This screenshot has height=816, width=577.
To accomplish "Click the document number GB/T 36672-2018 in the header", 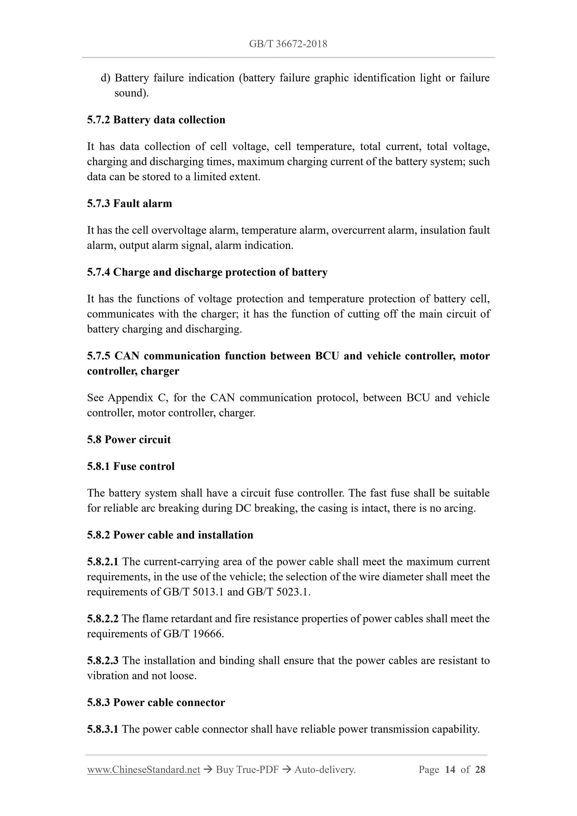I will pos(288,44).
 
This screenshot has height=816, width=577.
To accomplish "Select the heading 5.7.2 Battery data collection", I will pos(156,120).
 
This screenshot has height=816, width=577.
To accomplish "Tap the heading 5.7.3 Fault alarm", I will pos(129,204).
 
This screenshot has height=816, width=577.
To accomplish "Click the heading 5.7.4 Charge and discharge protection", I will pos(207,272).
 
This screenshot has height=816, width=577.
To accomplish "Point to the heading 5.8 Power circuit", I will pos(129,440).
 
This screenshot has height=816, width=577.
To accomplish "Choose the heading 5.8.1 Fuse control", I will pos(131,466).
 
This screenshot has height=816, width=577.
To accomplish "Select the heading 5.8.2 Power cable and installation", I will pos(170,535).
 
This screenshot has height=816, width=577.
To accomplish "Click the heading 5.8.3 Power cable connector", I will pos(156,702).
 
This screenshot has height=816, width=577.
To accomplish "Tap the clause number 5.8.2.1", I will pos(103,562).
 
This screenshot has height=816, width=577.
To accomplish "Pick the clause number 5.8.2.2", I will pos(103,618).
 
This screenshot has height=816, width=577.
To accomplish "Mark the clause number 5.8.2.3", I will pos(103,660).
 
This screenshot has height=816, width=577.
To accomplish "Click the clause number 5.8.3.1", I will pos(103,729).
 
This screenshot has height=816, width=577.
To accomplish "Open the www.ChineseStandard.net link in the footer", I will pos(143,770).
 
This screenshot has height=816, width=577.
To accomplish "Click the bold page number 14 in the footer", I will pos(450,770).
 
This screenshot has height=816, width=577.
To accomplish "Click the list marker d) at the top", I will pos(105,78).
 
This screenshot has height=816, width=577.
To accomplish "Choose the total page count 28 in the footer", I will pos(480,770).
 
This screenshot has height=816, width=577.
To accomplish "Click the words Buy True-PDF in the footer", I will pos(247,770).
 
